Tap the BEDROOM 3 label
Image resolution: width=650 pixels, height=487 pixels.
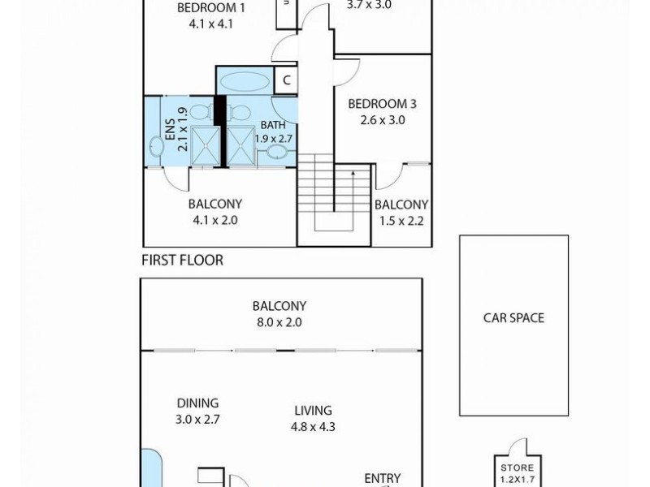382,104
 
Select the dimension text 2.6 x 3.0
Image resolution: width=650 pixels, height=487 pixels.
382,120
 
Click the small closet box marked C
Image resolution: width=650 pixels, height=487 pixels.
285,80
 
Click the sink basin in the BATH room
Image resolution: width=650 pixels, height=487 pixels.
276,152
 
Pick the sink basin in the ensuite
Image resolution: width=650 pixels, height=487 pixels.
156,146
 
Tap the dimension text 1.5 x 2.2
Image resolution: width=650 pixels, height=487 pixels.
401,220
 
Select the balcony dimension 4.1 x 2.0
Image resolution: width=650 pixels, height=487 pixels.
215,220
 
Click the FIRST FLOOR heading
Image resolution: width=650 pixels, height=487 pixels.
182,261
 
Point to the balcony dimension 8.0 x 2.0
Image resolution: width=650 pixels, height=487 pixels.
279,322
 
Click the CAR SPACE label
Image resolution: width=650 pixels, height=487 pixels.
513,318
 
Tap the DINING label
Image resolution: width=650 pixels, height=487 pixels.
198,403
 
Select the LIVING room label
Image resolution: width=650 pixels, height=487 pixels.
312,411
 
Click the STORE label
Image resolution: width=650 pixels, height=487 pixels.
517,468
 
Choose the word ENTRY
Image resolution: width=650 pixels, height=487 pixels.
382,479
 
